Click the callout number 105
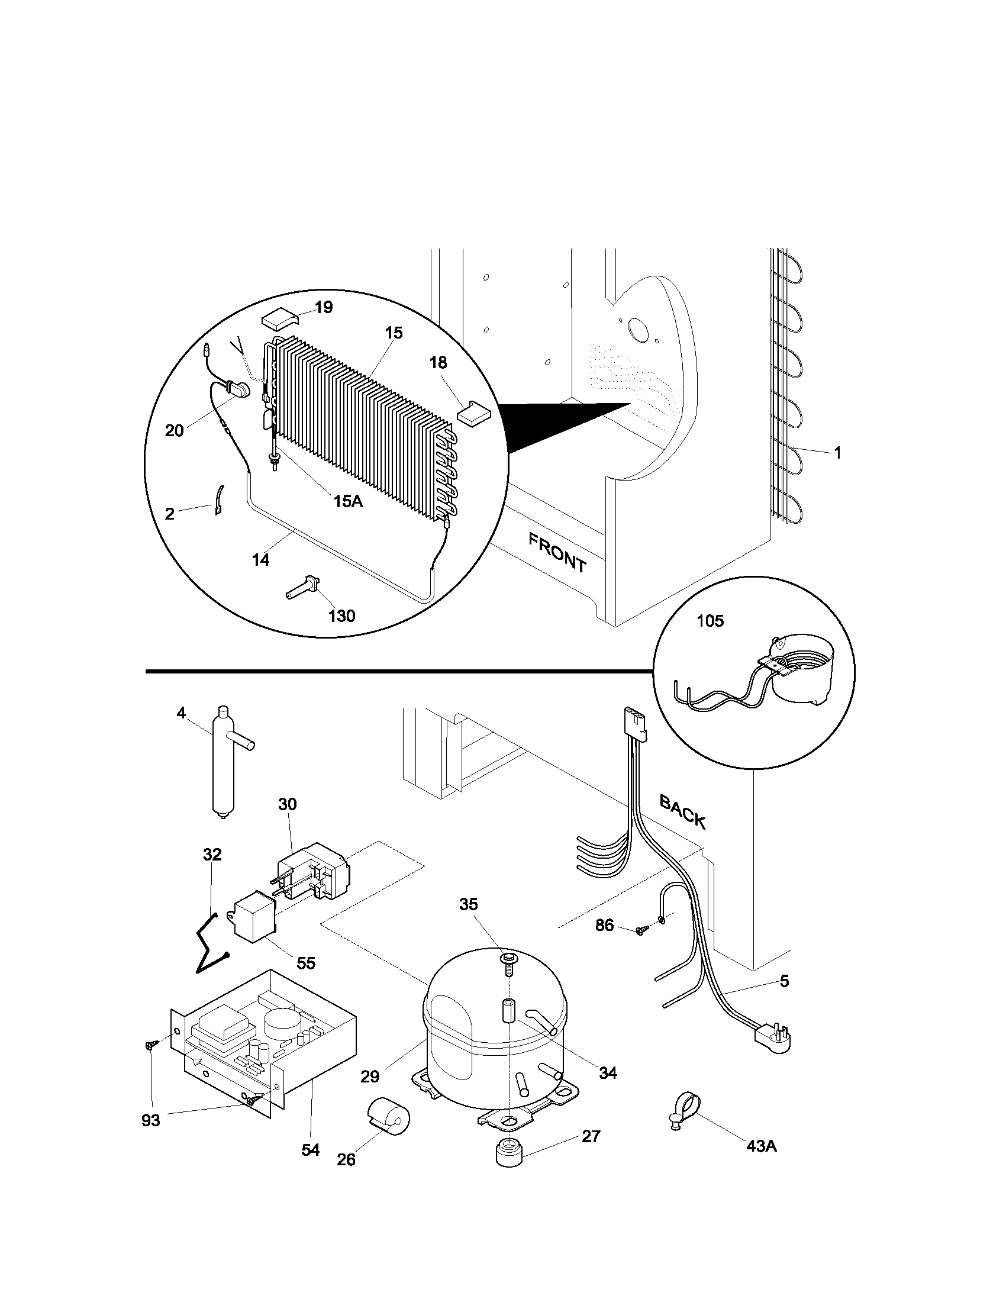pos(710,621)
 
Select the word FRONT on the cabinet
pos(558,552)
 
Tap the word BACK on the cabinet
pos(683,811)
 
